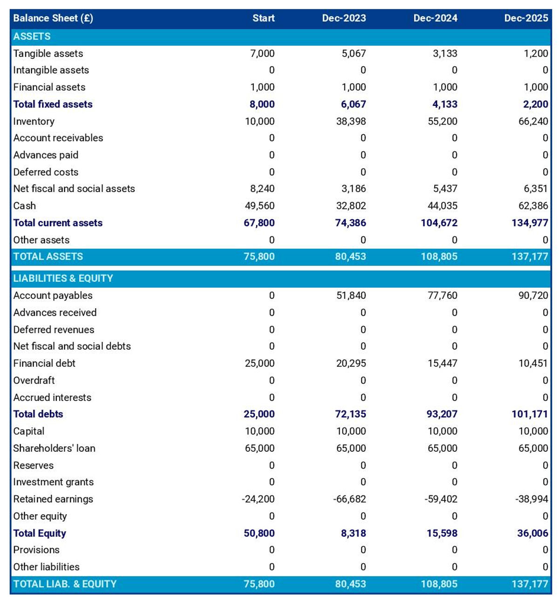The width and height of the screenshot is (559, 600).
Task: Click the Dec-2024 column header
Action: [x=435, y=18]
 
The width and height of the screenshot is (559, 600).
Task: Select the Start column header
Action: [x=263, y=18]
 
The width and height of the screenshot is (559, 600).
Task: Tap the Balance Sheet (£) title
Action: [x=53, y=18]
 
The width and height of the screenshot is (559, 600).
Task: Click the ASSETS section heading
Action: [x=32, y=36]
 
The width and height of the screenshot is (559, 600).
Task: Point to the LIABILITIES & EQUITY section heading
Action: [x=63, y=278]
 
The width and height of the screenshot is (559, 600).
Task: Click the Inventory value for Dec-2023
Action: [x=351, y=122]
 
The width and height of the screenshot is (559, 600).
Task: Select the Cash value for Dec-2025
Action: [x=533, y=206]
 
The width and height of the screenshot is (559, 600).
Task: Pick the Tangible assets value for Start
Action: [x=262, y=54]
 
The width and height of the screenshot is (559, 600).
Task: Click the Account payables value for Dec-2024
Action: [x=442, y=296]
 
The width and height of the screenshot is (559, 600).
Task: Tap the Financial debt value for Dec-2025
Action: [x=533, y=364]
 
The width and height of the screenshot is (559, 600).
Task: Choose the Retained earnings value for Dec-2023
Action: [x=349, y=499]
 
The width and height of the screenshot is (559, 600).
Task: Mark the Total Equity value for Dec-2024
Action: [x=442, y=533]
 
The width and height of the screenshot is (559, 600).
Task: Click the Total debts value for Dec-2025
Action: [x=530, y=414]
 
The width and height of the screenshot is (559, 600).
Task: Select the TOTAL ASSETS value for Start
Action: [x=259, y=256]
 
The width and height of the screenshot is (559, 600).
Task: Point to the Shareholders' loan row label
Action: [x=54, y=448]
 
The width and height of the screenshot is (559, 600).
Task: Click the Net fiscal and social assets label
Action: [x=74, y=189]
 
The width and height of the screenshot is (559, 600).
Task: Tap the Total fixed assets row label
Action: [x=53, y=104]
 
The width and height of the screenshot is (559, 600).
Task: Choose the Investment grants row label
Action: [x=53, y=482]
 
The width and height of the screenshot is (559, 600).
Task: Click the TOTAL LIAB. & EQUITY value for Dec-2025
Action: [x=530, y=584]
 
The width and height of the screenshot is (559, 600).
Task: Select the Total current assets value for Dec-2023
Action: [x=350, y=223]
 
